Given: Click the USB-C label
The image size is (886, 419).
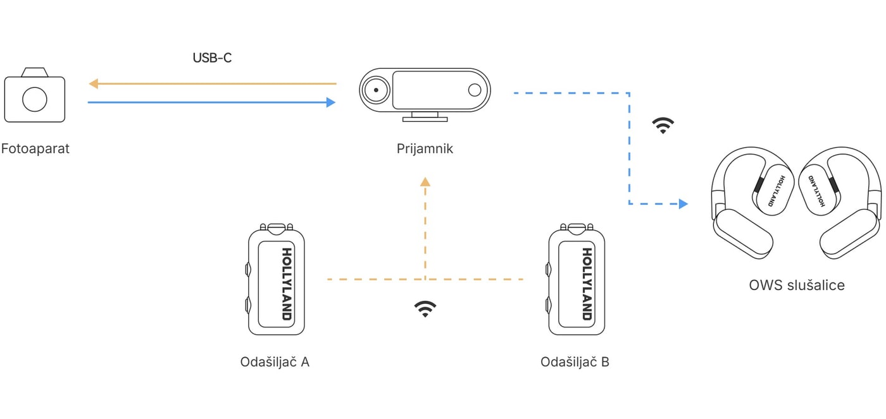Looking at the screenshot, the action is pos(212,58).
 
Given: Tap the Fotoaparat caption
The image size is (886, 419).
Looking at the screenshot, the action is pos(35,149).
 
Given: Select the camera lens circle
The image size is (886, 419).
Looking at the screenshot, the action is pos(35,99).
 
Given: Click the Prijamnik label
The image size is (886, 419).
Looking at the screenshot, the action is pos(425,149).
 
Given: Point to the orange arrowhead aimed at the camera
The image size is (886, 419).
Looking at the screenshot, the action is pos(94,83).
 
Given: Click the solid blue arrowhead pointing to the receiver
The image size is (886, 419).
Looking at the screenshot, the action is pos(330,102).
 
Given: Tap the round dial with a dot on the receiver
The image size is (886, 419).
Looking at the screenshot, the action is pos(376,90).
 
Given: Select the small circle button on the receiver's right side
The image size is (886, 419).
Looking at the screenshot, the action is pos(474,90).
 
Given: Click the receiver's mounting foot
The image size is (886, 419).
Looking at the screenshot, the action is pos(425,117).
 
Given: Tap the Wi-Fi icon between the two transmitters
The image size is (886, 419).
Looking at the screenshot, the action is pos(425,309).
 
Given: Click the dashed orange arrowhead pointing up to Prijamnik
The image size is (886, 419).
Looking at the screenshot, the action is pos(425,181).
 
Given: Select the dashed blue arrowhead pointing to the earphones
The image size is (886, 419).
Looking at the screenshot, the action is pos(683,203).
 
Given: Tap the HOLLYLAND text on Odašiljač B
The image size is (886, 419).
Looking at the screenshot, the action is pos(587,284).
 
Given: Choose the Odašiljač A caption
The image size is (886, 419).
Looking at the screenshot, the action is pos(275,362).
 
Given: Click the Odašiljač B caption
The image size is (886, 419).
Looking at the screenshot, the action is pos(575,362).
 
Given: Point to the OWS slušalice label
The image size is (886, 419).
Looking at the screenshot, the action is pos(797,285).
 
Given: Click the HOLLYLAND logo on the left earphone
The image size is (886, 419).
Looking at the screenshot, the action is pos(776,191).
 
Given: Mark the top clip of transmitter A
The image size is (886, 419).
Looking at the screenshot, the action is pos(277,227).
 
